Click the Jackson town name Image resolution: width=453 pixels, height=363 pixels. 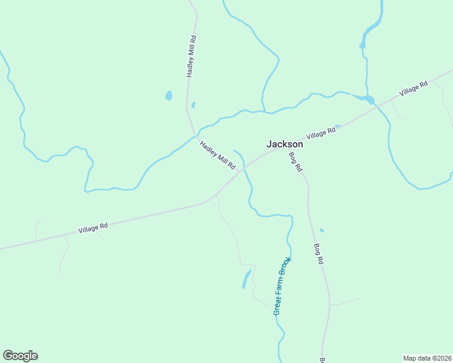coord(285,144)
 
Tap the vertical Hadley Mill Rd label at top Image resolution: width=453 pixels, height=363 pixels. coord(191,56)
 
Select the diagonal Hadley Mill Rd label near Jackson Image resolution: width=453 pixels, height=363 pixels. coord(217,155)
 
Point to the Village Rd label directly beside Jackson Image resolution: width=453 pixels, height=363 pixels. coord(321,133)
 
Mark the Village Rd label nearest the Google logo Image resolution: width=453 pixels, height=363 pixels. coord(93,228)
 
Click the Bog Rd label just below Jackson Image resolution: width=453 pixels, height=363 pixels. coord(295,162)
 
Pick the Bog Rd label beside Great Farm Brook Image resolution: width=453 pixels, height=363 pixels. coord(319,254)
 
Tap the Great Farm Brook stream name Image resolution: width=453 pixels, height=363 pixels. coord(283,286)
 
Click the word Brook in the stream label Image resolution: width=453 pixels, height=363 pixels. coord(288,267)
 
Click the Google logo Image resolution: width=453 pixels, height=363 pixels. coord(20,356)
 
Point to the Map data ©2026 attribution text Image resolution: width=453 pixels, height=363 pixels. coord(426,358)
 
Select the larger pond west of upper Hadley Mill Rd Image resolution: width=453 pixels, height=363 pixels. coord(168,96)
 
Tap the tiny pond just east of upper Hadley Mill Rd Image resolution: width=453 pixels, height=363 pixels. coord(193,105)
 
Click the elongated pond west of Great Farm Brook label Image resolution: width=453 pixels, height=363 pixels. coord(246,279)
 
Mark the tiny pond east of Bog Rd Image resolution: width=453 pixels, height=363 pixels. coord(322,230)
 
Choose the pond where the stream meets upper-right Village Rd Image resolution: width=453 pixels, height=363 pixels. coord(368,99)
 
